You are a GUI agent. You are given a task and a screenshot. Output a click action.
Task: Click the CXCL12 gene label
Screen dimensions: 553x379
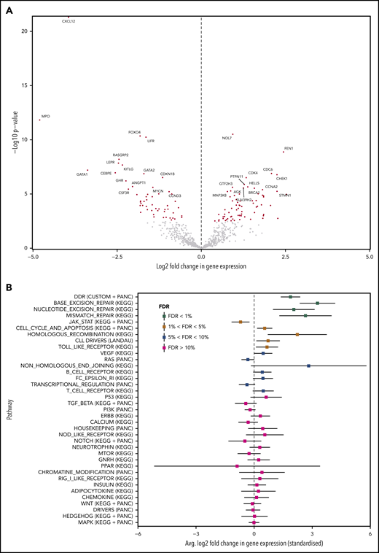point(69,22)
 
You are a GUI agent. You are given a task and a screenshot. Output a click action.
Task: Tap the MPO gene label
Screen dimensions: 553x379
point(46,116)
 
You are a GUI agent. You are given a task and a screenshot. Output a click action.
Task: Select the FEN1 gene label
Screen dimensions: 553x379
point(289,148)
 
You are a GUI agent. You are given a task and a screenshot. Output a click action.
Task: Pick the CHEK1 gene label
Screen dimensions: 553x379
point(282,179)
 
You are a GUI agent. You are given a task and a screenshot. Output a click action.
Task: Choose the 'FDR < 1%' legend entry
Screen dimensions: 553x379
point(173,315)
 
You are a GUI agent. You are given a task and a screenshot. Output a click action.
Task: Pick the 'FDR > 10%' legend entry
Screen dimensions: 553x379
point(173,348)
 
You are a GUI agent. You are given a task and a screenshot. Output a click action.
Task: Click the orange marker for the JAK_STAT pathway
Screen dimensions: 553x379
point(241,322)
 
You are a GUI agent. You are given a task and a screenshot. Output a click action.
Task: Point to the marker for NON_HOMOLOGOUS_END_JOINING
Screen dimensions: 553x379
point(308,366)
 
